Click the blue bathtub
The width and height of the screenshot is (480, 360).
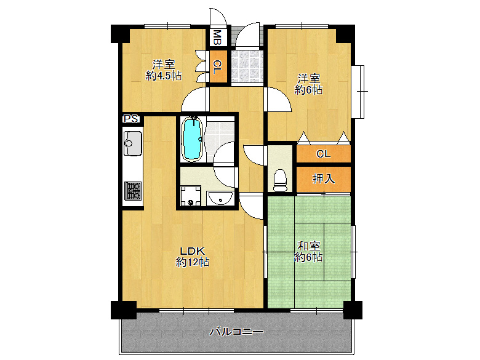click(x=192, y=138)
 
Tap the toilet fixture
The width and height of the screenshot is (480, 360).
click(x=280, y=180)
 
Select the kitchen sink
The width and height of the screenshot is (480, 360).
click(x=132, y=143)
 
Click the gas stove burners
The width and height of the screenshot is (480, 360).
click(x=133, y=191)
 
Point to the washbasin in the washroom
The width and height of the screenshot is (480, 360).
click(x=220, y=198)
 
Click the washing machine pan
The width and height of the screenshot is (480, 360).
click(x=190, y=196)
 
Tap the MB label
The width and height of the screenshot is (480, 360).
click(x=217, y=38)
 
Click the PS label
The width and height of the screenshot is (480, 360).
click(x=131, y=119)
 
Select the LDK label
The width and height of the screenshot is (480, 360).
click(x=192, y=251)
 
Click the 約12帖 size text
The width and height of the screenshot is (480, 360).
click(x=192, y=262)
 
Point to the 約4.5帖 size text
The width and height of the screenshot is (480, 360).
click(x=164, y=75)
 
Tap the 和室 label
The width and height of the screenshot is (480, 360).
click(x=309, y=246)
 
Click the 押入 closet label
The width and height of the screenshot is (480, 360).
click(x=324, y=178)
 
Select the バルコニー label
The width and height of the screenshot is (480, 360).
click(x=236, y=332)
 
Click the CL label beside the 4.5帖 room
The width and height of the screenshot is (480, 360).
click(x=217, y=67)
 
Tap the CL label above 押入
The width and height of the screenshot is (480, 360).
click(x=324, y=154)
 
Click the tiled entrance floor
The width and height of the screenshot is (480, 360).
click(x=247, y=66)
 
